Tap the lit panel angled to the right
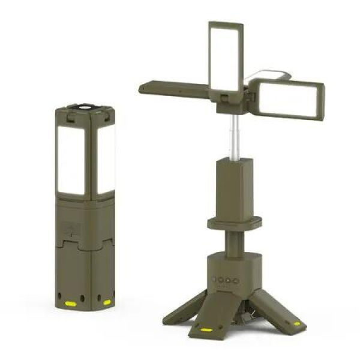(x=290, y=99)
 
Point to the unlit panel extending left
(x=174, y=89)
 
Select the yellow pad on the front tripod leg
(x=206, y=329)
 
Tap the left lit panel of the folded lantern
(x=71, y=159)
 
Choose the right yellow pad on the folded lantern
(x=107, y=302)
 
